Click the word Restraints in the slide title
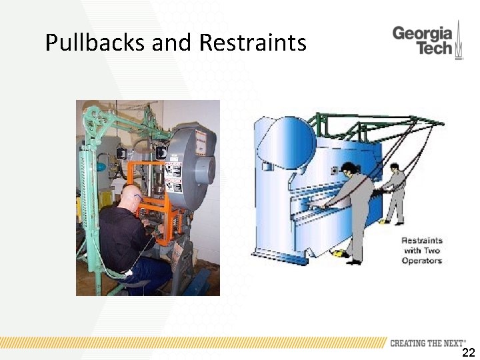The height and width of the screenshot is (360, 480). click(x=253, y=43)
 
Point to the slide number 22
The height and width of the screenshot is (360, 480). click(x=468, y=353)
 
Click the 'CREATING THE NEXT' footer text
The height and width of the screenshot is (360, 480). click(x=427, y=343)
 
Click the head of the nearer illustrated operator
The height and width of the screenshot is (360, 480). click(x=347, y=168)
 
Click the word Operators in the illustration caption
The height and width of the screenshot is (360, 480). click(x=421, y=261)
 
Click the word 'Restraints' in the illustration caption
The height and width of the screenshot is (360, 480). click(x=421, y=241)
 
